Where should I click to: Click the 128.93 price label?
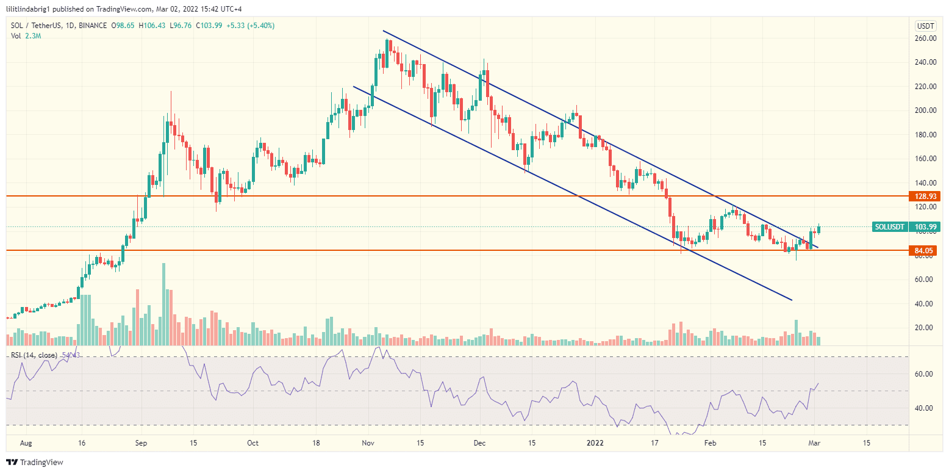(x=926, y=197)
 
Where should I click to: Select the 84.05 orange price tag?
(x=926, y=250)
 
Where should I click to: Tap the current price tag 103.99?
(x=926, y=227)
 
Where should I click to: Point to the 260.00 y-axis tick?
(x=926, y=38)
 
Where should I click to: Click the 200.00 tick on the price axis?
(x=926, y=110)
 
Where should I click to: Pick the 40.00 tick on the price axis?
(x=926, y=303)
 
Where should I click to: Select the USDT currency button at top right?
(x=925, y=26)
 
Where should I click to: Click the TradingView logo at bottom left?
(x=35, y=462)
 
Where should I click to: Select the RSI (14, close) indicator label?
(x=34, y=355)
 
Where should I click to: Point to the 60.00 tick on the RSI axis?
(x=926, y=374)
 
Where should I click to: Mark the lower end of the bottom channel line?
(x=791, y=300)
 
